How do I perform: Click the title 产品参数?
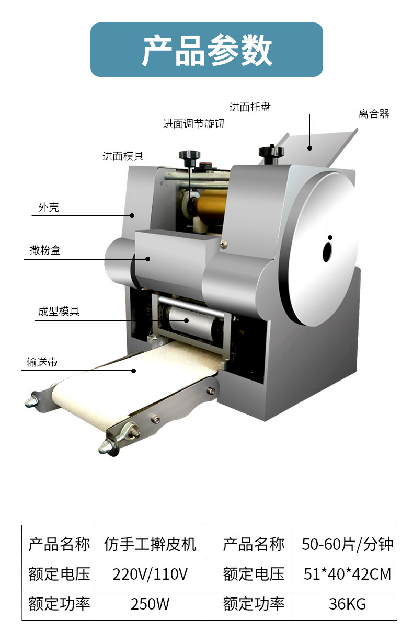pyautogui.click(x=206, y=50)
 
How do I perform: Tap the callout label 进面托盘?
pyautogui.click(x=250, y=107)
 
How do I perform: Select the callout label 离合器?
pyautogui.click(x=374, y=114)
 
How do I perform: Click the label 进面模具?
pyautogui.click(x=123, y=156)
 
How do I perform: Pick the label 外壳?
pyautogui.click(x=49, y=207)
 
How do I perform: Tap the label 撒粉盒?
pyautogui.click(x=45, y=250)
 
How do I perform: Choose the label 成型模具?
pyautogui.click(x=59, y=312)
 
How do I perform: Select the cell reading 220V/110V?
pyautogui.click(x=150, y=574)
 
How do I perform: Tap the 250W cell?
pyautogui.click(x=150, y=604)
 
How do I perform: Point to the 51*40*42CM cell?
pyautogui.click(x=347, y=574)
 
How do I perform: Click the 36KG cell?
pyautogui.click(x=347, y=604)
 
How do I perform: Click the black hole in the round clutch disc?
pyautogui.click(x=327, y=252)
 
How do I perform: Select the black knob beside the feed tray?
pyautogui.click(x=271, y=151)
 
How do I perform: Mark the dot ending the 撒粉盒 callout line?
pyautogui.click(x=148, y=258)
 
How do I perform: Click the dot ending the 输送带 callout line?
pyautogui.click(x=134, y=371)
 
